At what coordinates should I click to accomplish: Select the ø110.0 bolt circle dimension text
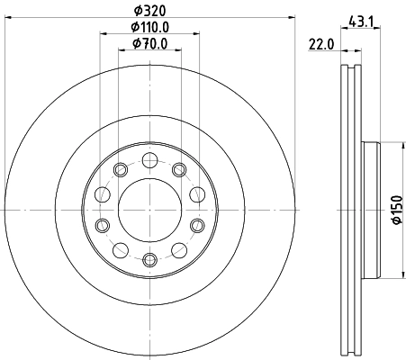point(149,28)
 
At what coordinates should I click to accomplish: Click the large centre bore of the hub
point(150,210)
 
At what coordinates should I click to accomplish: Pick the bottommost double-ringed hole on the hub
point(150,260)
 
